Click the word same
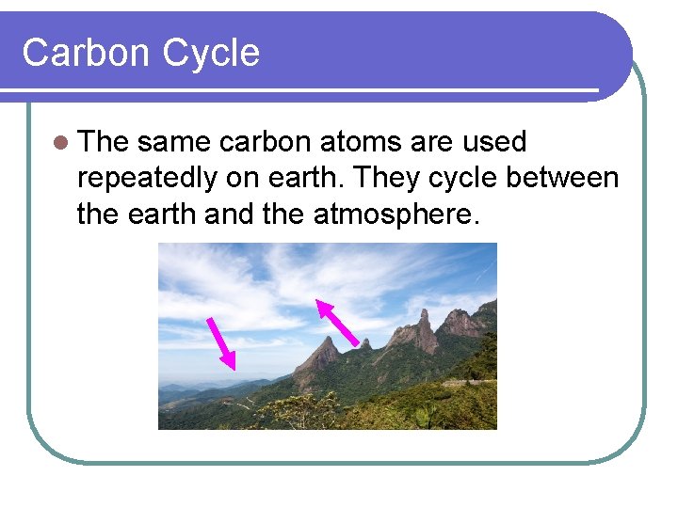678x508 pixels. point(174,143)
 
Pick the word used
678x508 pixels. point(493,143)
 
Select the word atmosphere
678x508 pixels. point(395,214)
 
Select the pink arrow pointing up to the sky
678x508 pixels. point(336,323)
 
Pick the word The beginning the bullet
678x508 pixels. point(104,143)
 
